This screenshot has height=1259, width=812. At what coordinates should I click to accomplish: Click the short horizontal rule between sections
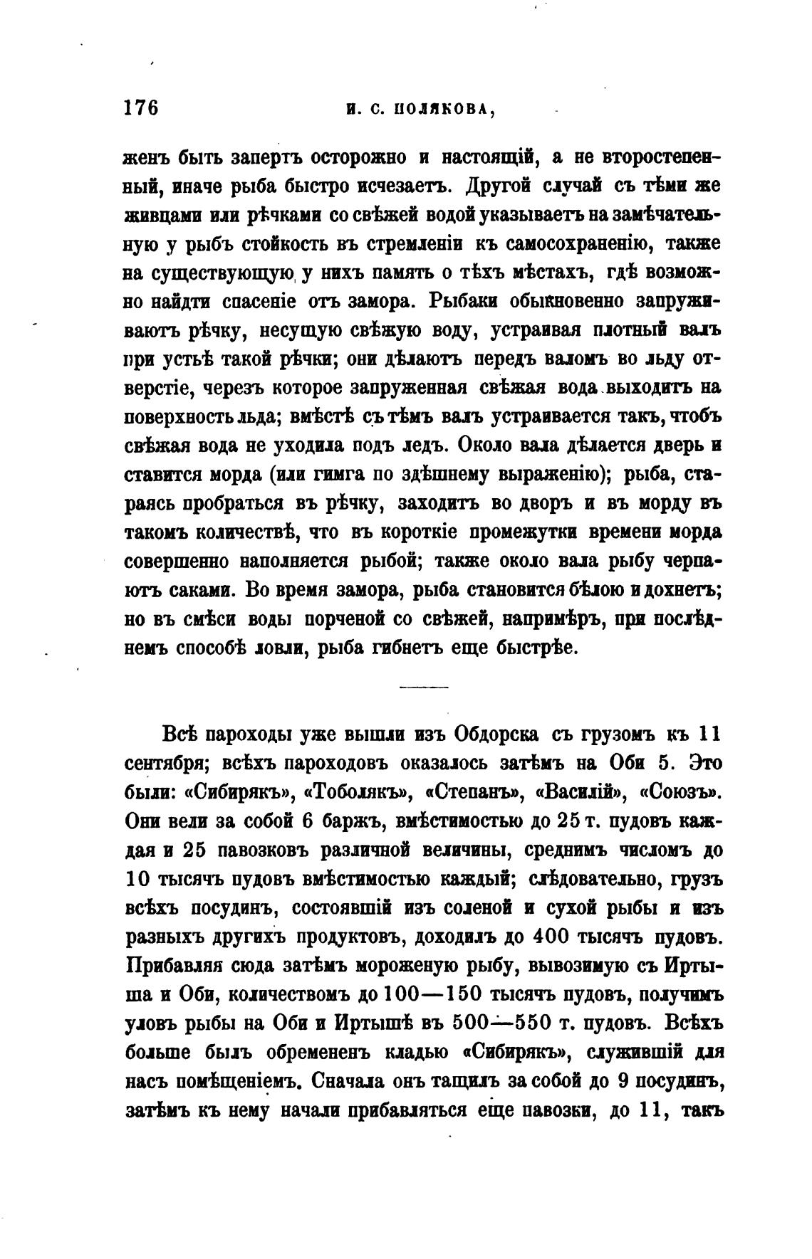point(423,688)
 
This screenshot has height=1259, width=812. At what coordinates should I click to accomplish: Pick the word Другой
point(499,186)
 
